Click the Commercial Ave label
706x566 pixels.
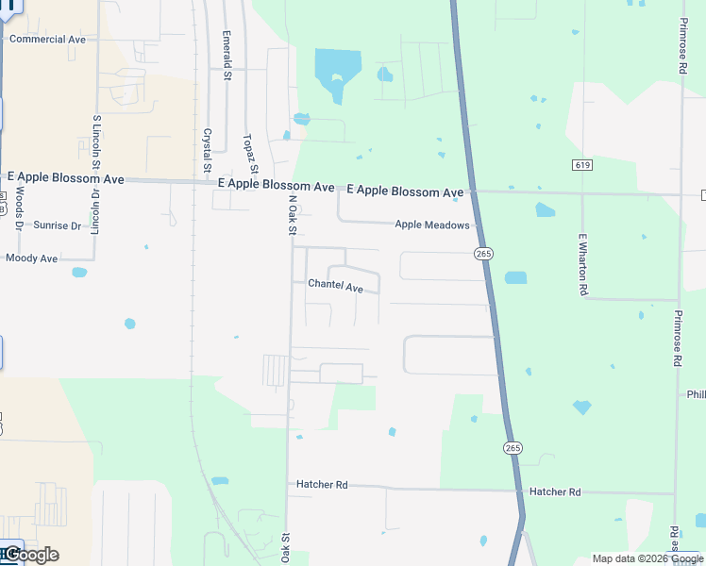pyautogui.click(x=47, y=40)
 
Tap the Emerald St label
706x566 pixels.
pyautogui.click(x=227, y=48)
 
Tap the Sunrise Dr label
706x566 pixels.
pyautogui.click(x=58, y=225)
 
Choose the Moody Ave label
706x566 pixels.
pyautogui.click(x=31, y=258)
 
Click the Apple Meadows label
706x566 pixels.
pyautogui.click(x=431, y=225)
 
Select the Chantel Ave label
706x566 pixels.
pyautogui.click(x=335, y=286)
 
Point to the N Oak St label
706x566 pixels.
pyautogui.click(x=292, y=214)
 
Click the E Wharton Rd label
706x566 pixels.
pyautogui.click(x=583, y=265)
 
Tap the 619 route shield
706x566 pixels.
pyautogui.click(x=581, y=165)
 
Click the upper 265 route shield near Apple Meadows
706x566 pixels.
pyautogui.click(x=483, y=254)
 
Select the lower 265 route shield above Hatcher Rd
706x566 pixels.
pyautogui.click(x=512, y=447)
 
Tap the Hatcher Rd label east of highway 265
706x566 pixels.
pyautogui.click(x=555, y=492)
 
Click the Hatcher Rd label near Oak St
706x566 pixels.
pyautogui.click(x=321, y=484)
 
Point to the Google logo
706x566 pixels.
pyautogui.click(x=30, y=555)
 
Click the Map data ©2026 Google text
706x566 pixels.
pyautogui.click(x=647, y=558)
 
